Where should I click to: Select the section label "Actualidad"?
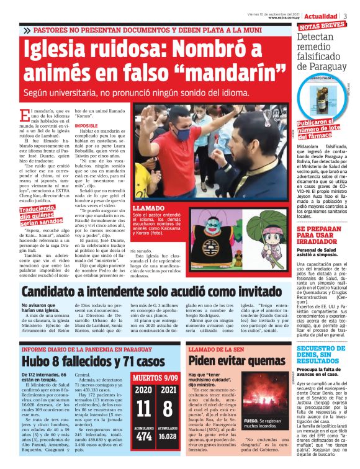pyautogui.click(x=321, y=16)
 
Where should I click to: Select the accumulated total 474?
pyautogui.click(x=143, y=437)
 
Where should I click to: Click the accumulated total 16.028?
pyautogui.click(x=168, y=437)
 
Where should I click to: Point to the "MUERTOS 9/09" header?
pyautogui.click(x=156, y=376)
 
